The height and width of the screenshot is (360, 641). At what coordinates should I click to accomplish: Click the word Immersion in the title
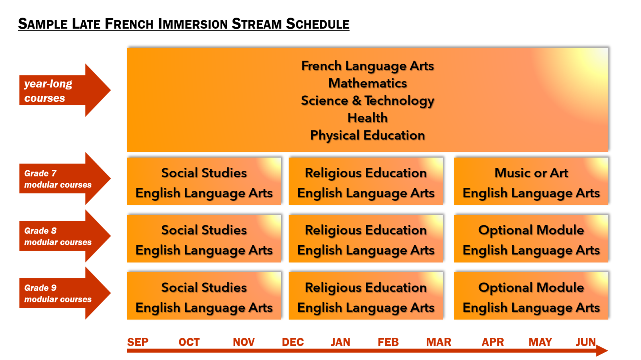192,24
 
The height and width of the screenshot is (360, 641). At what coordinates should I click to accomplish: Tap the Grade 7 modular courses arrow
65,179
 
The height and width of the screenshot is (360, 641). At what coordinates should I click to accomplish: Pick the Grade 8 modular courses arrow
65,236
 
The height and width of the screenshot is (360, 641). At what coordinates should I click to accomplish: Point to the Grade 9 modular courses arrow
65,294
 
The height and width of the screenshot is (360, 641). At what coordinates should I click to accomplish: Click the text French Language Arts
367,66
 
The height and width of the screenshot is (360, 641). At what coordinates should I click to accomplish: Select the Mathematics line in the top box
367,84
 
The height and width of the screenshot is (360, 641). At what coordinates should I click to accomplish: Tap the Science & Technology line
367,101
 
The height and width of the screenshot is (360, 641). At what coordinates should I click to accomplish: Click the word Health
367,118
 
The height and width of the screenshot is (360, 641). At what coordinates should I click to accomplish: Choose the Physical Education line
367,135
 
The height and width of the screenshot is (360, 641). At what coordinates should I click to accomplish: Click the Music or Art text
531,173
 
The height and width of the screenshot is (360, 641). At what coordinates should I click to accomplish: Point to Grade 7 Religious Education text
366,173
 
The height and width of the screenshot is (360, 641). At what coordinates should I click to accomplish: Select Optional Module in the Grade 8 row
531,230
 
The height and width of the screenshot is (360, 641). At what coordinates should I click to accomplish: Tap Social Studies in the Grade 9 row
204,288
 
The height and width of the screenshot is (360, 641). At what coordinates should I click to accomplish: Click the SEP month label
138,342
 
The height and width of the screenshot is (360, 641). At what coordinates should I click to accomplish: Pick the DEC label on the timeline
293,342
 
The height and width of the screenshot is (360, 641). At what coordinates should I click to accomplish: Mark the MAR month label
439,342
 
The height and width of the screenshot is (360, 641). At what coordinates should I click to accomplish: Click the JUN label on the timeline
585,342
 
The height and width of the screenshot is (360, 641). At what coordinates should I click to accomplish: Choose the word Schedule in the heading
318,24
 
